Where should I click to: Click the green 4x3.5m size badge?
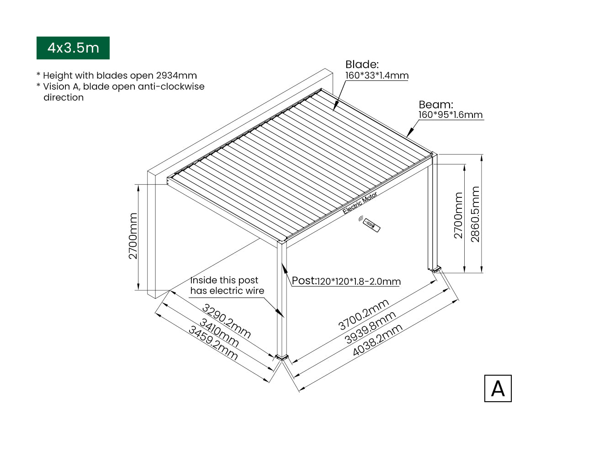click(73, 48)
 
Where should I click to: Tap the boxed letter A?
click(498, 388)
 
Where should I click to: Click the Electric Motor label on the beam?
click(360, 202)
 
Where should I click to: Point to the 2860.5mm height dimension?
click(475, 214)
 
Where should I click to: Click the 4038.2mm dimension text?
click(377, 340)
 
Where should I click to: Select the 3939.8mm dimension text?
click(370, 328)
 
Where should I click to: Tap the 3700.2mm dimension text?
click(364, 314)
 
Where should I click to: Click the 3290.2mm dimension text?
click(226, 321)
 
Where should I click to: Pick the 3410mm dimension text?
click(219, 333)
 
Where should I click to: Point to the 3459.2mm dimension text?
click(213, 343)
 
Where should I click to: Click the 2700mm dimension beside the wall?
click(133, 236)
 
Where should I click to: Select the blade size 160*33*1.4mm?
click(377, 75)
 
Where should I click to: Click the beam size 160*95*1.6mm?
click(451, 115)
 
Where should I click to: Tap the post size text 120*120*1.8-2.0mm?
click(359, 282)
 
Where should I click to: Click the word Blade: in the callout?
click(362, 64)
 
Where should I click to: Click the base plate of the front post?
click(281, 357)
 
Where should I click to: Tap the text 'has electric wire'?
click(227, 291)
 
